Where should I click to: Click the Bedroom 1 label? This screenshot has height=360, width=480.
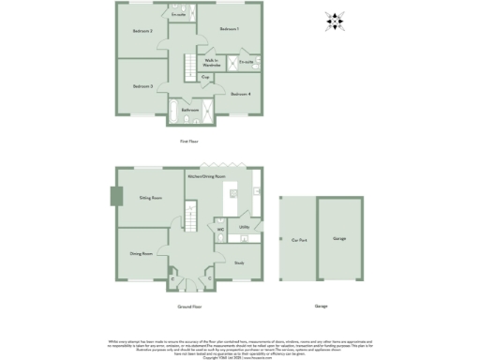tap(230, 30)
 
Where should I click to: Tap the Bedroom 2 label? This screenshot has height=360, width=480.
tap(142, 32)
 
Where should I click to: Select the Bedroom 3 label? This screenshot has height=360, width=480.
tap(142, 86)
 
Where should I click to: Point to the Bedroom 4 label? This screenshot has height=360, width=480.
tap(241, 94)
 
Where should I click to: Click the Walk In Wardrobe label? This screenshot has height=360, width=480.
tap(211, 63)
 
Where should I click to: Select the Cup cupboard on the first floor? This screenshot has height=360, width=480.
tap(205, 79)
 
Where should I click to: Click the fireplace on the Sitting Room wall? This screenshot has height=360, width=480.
tap(115, 196)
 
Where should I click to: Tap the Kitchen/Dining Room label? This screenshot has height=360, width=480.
tap(206, 176)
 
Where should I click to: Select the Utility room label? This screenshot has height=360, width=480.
tap(244, 227)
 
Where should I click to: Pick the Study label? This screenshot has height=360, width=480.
tap(239, 263)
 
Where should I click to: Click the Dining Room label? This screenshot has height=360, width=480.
tap(141, 253)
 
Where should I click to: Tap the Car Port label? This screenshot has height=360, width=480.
tap(299, 238)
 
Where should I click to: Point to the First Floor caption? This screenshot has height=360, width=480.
tap(189, 142)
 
